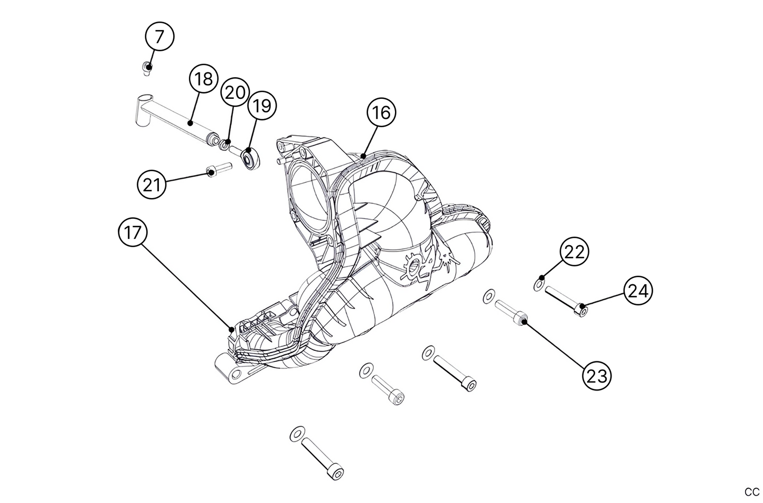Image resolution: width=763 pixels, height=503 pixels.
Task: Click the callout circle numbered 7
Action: pyautogui.click(x=159, y=37)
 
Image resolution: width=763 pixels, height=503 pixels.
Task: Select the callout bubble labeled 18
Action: pyautogui.click(x=204, y=79)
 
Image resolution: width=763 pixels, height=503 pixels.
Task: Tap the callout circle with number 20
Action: pyautogui.click(x=235, y=92)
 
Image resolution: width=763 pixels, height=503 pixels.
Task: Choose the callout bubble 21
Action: pyautogui.click(x=152, y=185)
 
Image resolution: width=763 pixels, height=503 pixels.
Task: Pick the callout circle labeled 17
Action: pyautogui.click(x=133, y=232)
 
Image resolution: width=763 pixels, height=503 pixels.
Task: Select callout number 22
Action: pyautogui.click(x=574, y=252)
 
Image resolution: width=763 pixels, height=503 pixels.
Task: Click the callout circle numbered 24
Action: pyautogui.click(x=638, y=291)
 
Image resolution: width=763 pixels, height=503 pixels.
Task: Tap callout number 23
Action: pyautogui.click(x=597, y=376)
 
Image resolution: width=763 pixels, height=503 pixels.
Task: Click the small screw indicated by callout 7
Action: pyautogui.click(x=147, y=68)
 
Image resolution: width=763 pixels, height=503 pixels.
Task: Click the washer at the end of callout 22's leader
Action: pyautogui.click(x=539, y=285)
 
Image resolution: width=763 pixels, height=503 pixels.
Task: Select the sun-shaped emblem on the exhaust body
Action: pyautogui.click(x=415, y=267)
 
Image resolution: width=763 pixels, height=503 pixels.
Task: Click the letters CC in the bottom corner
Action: pyautogui.click(x=751, y=492)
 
